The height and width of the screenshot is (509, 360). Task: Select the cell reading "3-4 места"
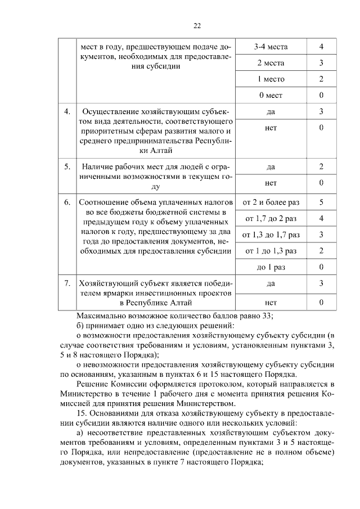tap(271, 46)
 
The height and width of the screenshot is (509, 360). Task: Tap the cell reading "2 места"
tap(271, 62)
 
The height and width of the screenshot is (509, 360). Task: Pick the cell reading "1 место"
tap(271, 79)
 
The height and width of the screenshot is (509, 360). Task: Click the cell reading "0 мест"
tap(271, 95)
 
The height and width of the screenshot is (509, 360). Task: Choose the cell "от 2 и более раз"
tap(271, 201)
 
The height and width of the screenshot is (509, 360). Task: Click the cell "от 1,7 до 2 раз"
tap(271, 218)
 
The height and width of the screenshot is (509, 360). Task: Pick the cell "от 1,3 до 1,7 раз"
tap(271, 234)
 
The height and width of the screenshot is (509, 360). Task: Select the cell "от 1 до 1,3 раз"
tap(271, 250)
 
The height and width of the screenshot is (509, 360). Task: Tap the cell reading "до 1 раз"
tap(271, 267)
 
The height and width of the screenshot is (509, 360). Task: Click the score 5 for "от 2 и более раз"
tap(321, 201)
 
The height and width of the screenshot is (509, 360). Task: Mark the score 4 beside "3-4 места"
tap(321, 46)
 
